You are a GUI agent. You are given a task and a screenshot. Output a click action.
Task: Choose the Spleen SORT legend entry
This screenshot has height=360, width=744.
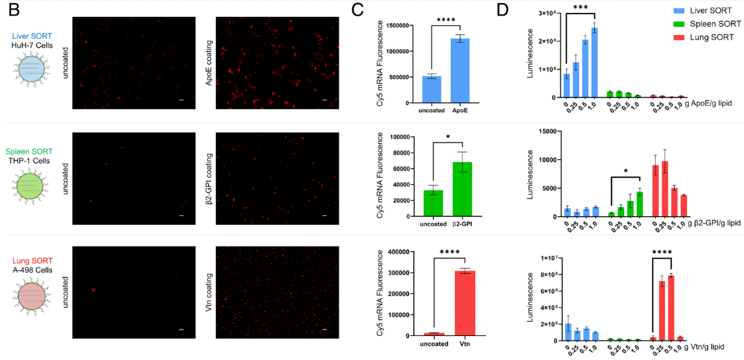pos(704,24)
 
